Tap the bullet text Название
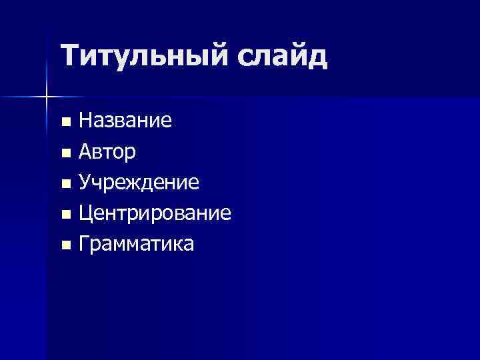[x=125, y=121]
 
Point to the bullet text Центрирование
[x=155, y=214]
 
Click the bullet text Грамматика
[x=137, y=245]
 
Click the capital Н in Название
[x=85, y=121]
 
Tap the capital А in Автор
[x=85, y=152]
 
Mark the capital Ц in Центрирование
[x=85, y=214]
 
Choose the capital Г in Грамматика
[x=84, y=245]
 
